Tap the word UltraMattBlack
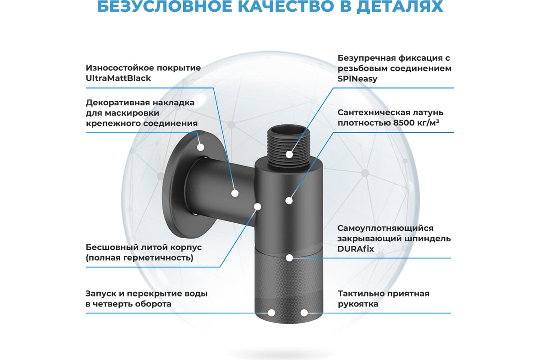pos(118,78)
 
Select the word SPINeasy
pos(357,79)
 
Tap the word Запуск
pos(104,294)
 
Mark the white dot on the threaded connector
pos(289,154)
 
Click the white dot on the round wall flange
pos(201,147)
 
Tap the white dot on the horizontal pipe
pos(235,193)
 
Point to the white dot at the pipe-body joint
pos(257,207)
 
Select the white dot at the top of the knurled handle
pos(289,258)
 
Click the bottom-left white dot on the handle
pos(271,313)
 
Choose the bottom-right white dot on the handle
pos(304,313)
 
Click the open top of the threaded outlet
pos(288,130)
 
